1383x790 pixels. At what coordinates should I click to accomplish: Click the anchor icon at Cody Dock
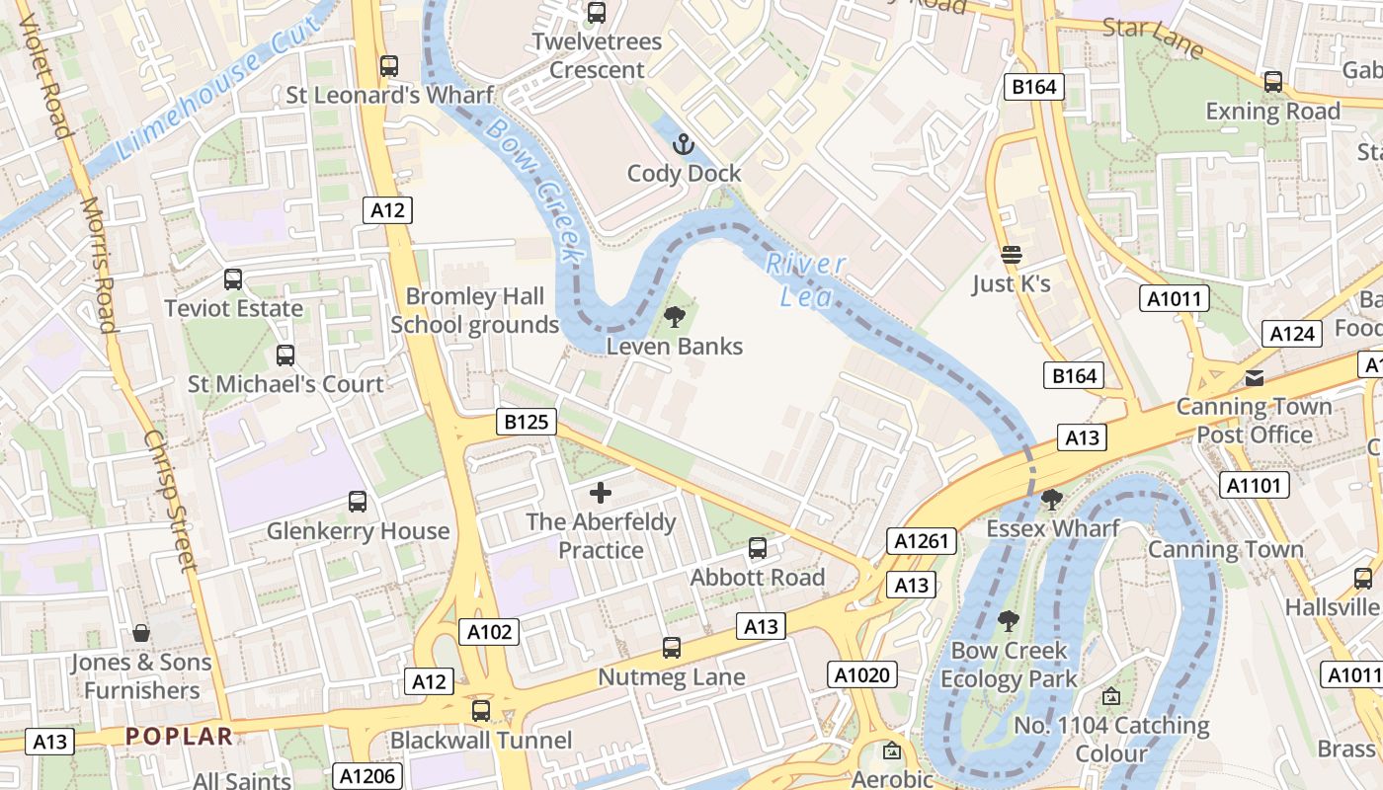click(x=683, y=146)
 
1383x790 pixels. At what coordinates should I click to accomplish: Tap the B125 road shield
click(x=526, y=423)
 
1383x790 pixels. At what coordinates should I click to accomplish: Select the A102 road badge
click(x=490, y=632)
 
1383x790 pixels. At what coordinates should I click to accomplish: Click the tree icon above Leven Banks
click(x=675, y=317)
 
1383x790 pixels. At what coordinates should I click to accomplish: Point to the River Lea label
click(x=805, y=279)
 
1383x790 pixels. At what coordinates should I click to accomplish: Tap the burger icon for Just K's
click(x=1011, y=256)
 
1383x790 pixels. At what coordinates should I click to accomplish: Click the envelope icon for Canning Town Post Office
click(x=1254, y=378)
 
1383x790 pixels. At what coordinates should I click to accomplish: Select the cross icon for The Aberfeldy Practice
click(x=600, y=493)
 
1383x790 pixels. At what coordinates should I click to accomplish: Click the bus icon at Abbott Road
click(x=757, y=548)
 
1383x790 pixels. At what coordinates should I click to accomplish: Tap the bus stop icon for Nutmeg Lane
click(x=672, y=648)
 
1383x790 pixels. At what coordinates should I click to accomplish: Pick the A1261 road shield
click(x=922, y=541)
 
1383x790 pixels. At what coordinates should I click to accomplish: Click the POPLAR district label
click(x=180, y=736)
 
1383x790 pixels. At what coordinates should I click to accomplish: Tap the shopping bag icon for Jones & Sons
click(x=141, y=633)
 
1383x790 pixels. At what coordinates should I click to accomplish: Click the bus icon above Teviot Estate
click(x=233, y=279)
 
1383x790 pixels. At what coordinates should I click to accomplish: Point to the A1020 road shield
click(x=862, y=675)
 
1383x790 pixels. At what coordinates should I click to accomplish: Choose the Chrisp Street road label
click(x=170, y=501)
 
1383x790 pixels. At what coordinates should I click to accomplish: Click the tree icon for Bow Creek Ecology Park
click(x=1008, y=621)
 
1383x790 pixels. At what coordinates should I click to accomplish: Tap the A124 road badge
click(x=1292, y=334)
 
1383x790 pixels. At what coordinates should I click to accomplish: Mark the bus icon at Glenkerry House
click(x=358, y=502)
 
